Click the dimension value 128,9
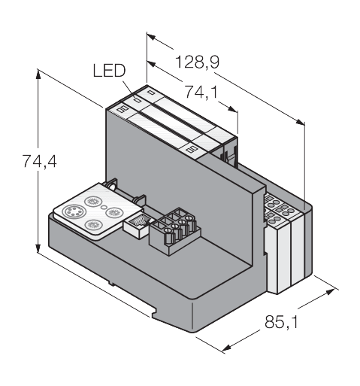click(197, 62)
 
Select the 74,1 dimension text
click(201, 92)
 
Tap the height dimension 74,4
click(40, 161)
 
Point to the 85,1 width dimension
click(282, 322)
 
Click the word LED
click(109, 70)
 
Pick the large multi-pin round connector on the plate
click(73, 212)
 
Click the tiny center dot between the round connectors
click(104, 207)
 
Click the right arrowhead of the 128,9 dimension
click(301, 122)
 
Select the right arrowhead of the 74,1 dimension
click(232, 109)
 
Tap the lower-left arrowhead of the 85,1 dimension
click(226, 348)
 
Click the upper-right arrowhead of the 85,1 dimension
click(330, 292)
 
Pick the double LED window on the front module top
click(123, 109)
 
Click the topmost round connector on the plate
click(92, 201)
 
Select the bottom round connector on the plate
click(93, 224)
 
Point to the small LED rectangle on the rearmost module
click(150, 93)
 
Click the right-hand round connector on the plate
click(114, 213)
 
